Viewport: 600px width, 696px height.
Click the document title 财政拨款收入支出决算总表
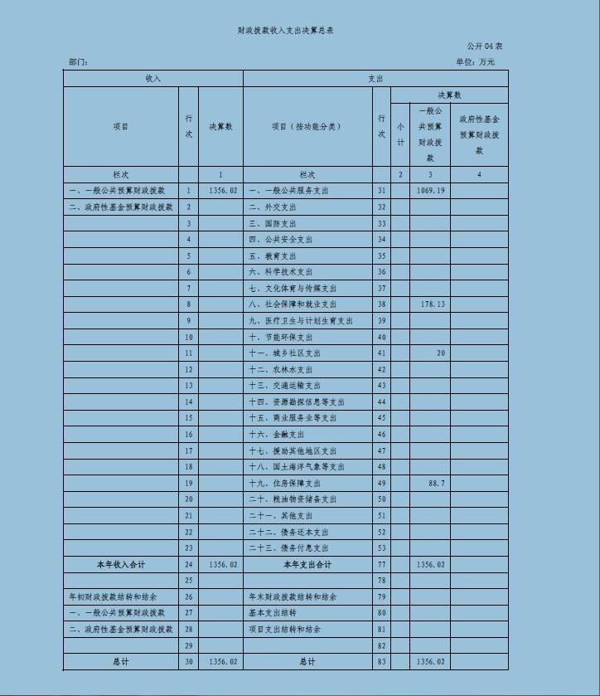[285, 31]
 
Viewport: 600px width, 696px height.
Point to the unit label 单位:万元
[475, 62]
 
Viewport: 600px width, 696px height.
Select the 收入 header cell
[153, 79]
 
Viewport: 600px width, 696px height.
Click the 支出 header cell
[375, 79]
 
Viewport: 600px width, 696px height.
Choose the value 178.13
[433, 304]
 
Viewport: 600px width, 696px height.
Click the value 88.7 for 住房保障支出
[437, 483]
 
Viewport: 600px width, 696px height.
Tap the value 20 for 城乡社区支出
[441, 353]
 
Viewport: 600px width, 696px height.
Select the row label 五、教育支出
[273, 256]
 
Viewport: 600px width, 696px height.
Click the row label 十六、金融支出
[277, 435]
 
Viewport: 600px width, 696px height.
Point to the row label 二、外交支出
[273, 207]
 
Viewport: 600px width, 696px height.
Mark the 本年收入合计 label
[121, 565]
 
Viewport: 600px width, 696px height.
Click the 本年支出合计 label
[307, 565]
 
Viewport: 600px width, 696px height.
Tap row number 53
[382, 548]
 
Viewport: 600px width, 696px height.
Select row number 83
[382, 662]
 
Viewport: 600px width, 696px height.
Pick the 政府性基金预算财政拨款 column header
[479, 135]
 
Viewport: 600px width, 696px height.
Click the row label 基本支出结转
[273, 613]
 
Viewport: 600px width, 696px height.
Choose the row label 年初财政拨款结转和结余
[113, 597]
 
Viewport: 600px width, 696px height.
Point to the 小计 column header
[400, 135]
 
